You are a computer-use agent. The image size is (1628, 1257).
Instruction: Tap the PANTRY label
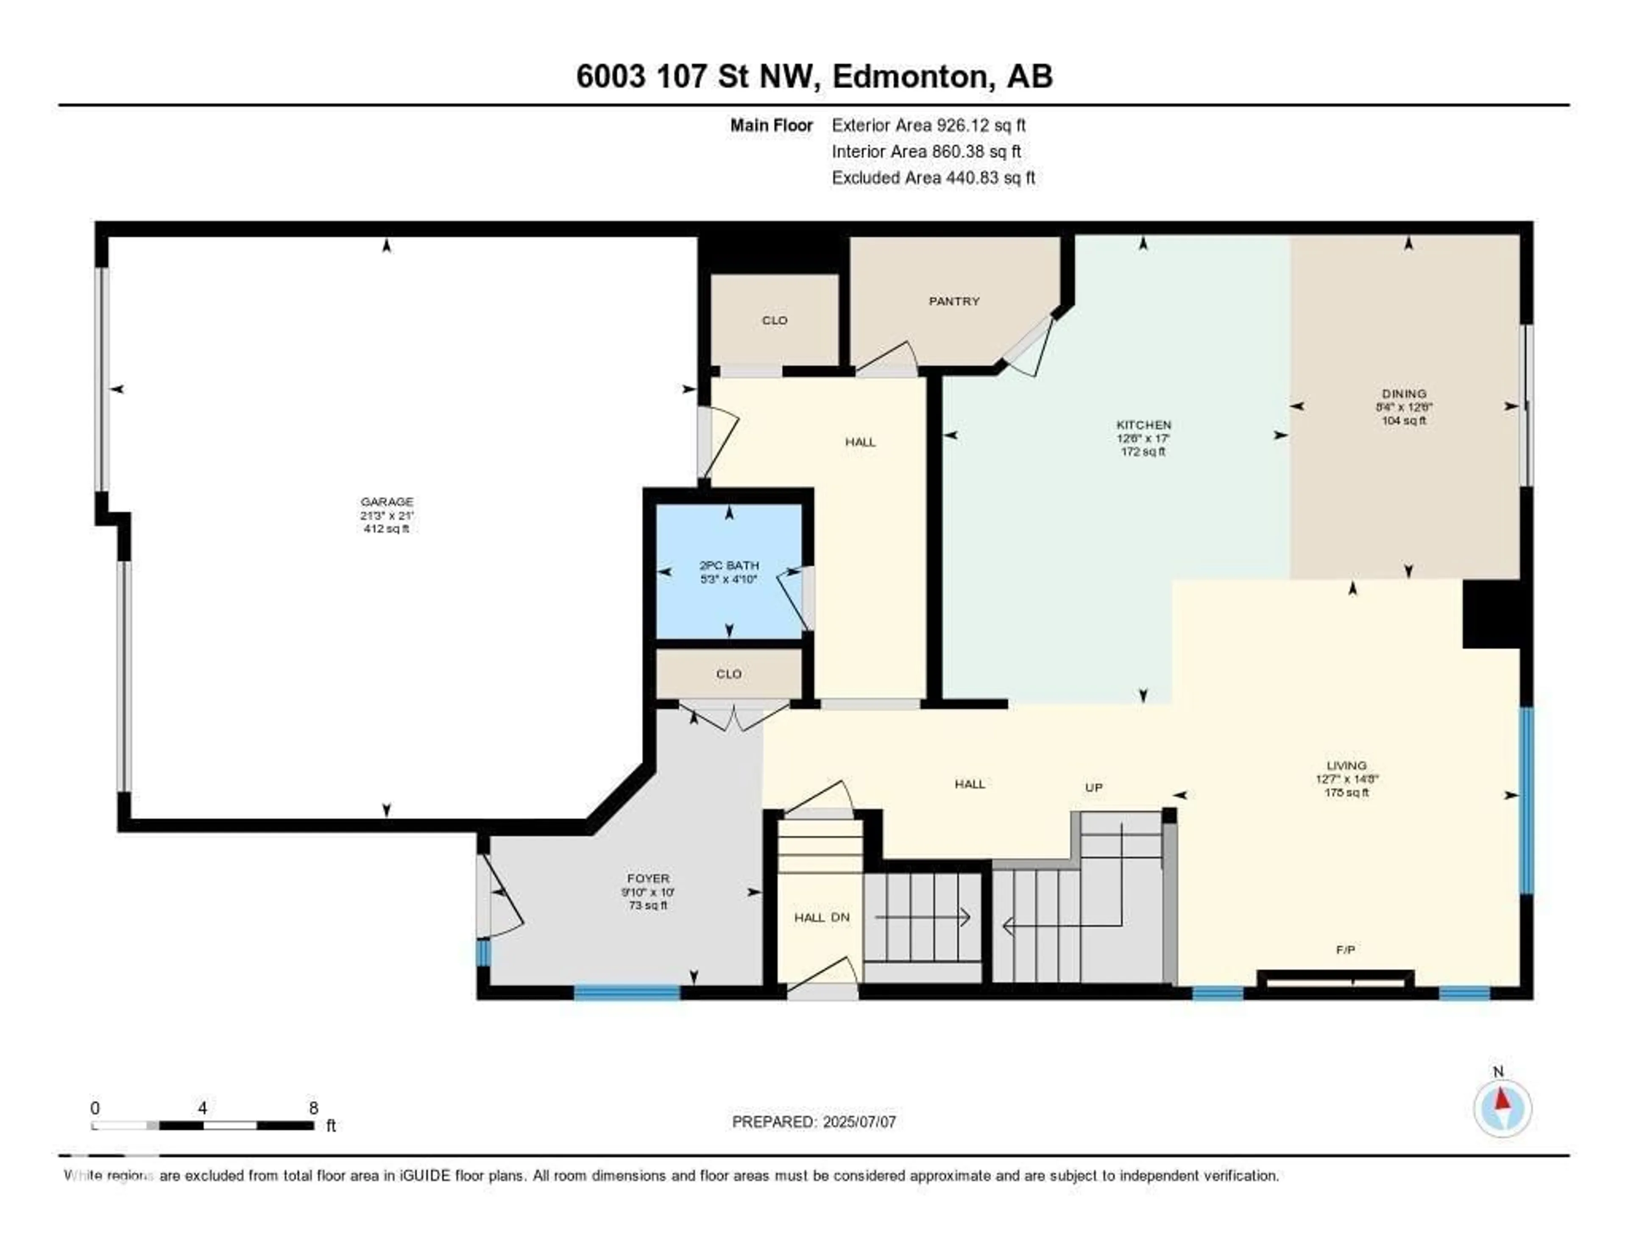[x=953, y=301]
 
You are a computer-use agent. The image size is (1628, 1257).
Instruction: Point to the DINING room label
[x=1404, y=393]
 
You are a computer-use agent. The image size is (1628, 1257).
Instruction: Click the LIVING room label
[x=1346, y=765]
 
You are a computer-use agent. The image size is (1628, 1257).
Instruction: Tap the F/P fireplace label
[x=1346, y=949]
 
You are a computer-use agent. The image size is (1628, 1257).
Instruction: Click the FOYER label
[x=648, y=879]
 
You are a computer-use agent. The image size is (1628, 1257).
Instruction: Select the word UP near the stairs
[x=1093, y=787]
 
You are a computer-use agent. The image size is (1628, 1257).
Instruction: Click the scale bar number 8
[x=313, y=1108]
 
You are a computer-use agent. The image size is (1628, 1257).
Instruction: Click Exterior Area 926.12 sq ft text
[x=928, y=125]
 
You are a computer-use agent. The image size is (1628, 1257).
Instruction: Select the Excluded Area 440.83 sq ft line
[x=933, y=177]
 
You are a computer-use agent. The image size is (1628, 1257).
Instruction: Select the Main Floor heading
[x=771, y=125]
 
